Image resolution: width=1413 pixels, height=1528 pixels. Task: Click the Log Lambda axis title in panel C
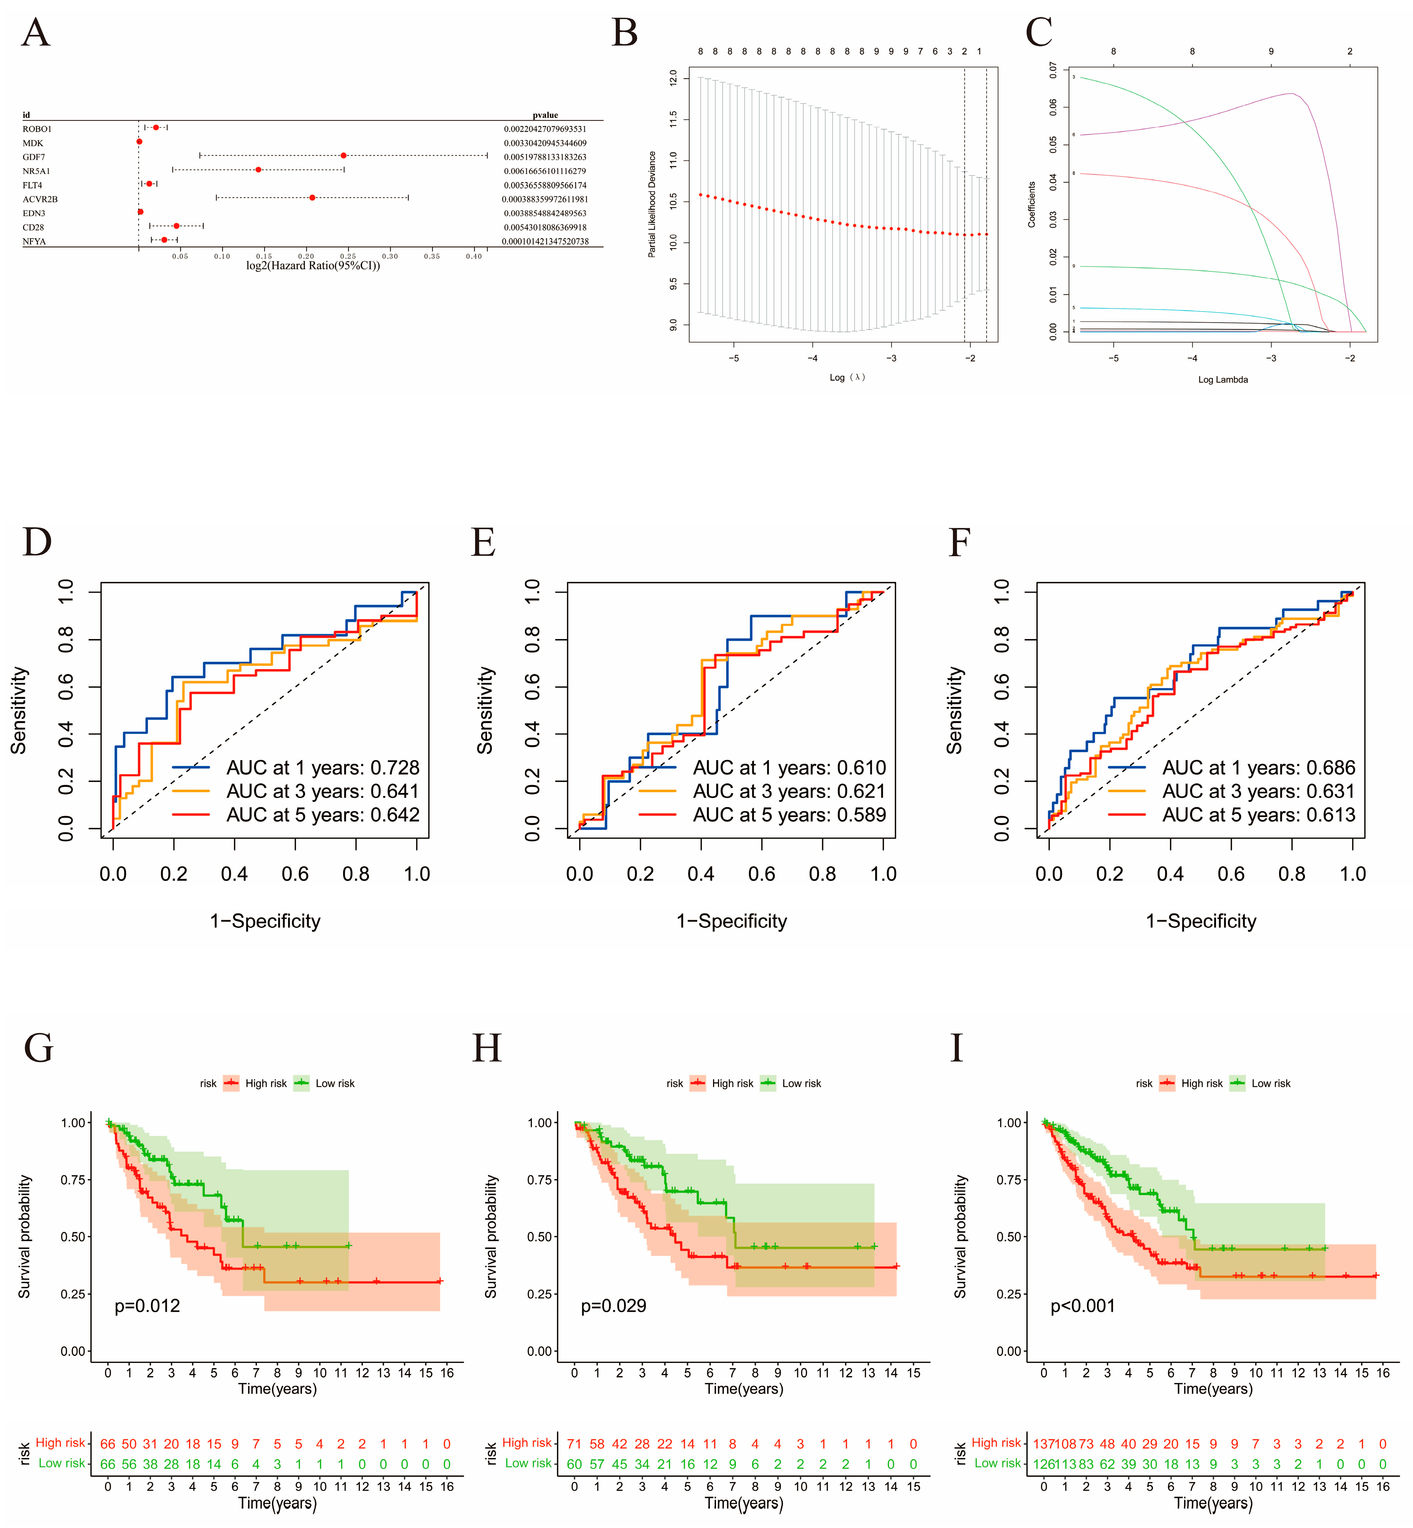(x=1223, y=379)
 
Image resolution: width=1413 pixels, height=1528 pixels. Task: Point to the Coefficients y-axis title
(x=1032, y=204)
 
